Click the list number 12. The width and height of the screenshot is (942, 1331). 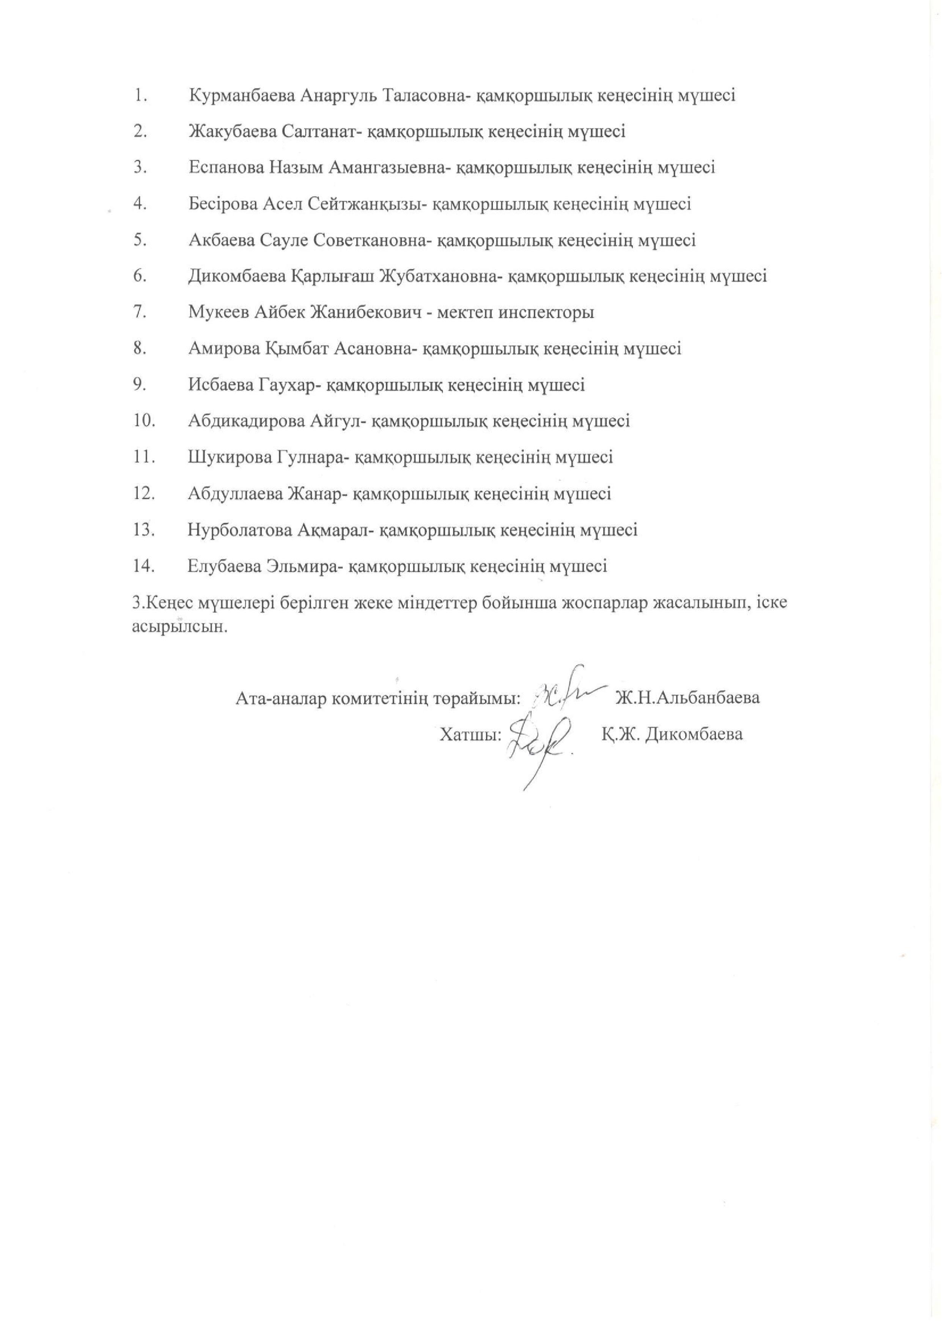click(x=143, y=494)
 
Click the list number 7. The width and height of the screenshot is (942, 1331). click(x=139, y=313)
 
